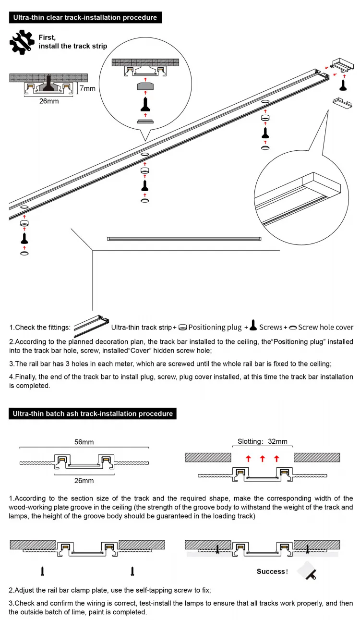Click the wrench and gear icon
click(x=22, y=42)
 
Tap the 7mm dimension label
click(x=87, y=88)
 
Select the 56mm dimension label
click(x=84, y=442)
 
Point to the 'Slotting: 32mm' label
click(x=262, y=441)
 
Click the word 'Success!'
click(x=272, y=571)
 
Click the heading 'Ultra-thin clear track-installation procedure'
click(x=85, y=18)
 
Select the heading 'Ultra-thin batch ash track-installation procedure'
click(x=93, y=413)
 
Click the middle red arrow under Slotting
click(x=262, y=459)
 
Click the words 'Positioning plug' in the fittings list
click(x=215, y=327)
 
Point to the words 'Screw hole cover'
click(x=325, y=327)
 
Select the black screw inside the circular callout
click(x=145, y=104)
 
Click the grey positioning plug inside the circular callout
click(x=145, y=87)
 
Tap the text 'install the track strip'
click(x=73, y=46)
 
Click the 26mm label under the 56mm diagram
click(x=84, y=480)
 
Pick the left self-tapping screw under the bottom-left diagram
click(x=43, y=571)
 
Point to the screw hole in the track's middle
click(x=144, y=155)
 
